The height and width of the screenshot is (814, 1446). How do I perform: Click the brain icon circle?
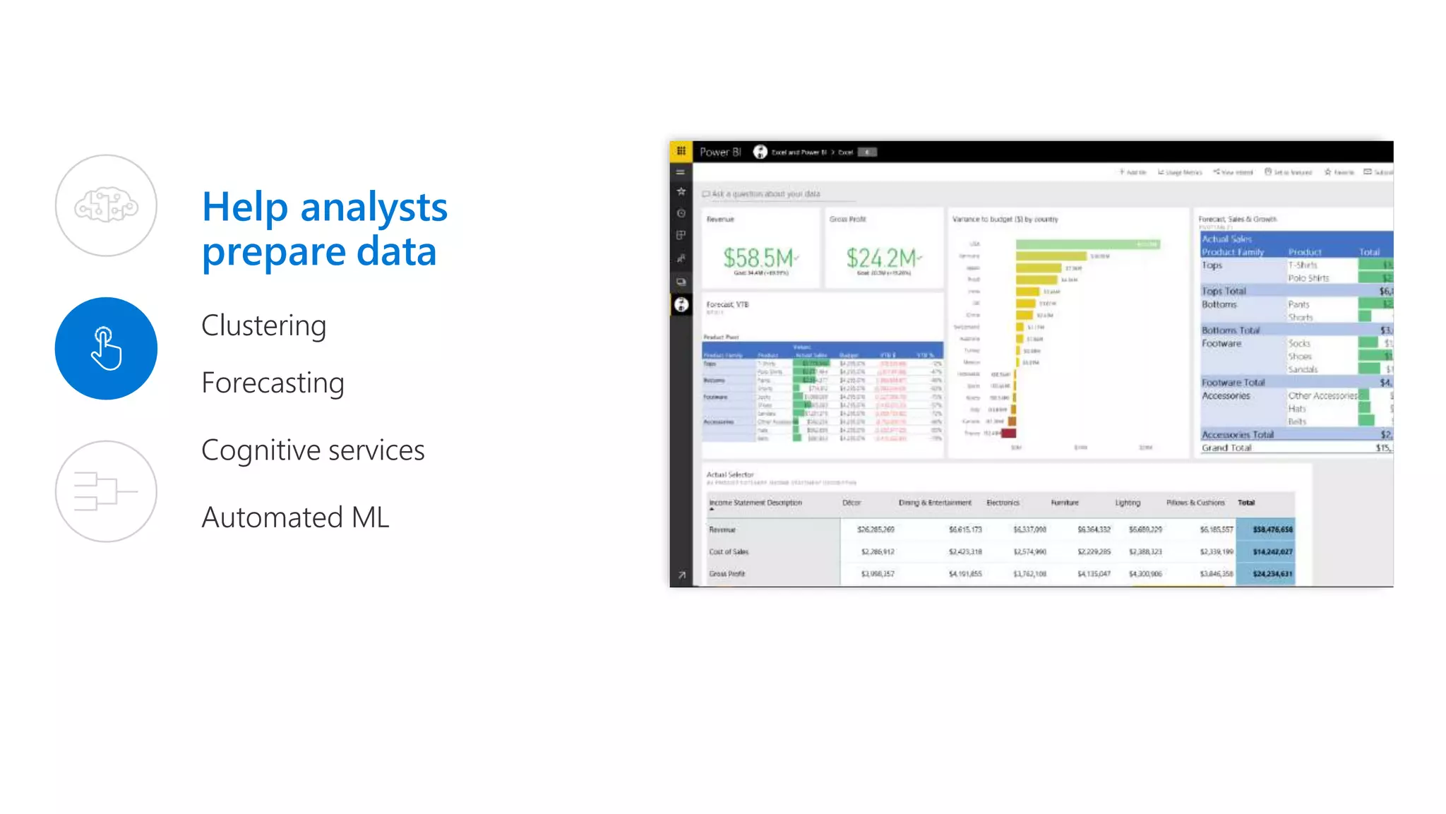point(106,205)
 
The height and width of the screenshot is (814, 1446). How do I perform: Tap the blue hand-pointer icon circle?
point(106,348)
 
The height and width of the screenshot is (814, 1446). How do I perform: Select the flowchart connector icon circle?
point(106,491)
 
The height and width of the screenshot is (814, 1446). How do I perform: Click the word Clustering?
point(263,325)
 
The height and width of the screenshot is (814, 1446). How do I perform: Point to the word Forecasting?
point(273,383)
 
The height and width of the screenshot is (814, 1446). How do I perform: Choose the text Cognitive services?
point(313,450)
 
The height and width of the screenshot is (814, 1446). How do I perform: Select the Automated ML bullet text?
point(295,517)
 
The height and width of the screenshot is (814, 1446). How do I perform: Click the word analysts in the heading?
point(374,208)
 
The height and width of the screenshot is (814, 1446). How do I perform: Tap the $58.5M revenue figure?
point(758,258)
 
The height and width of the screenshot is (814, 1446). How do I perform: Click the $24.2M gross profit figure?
point(882,258)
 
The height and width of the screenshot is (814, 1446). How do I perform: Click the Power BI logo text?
point(719,152)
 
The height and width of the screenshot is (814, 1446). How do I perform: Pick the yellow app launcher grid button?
point(681,151)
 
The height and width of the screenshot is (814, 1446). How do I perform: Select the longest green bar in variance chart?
point(1087,244)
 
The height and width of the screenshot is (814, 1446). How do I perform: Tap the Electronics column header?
point(1003,503)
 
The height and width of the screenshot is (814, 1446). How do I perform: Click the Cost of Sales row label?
point(729,551)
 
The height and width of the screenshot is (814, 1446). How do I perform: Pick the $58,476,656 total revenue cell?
point(1272,529)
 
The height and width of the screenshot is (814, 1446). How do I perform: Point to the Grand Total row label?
point(1226,448)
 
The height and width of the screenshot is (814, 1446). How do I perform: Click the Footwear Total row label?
point(1233,383)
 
